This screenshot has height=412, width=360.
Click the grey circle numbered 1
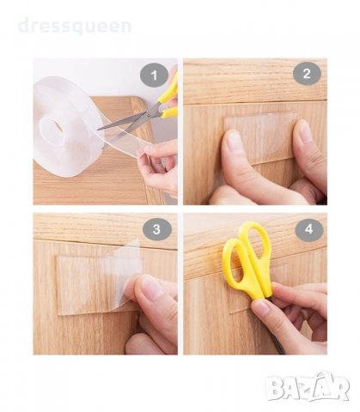pos(154,76)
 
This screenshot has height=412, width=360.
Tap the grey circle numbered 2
pos(307,74)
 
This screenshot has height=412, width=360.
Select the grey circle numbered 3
pos(157,229)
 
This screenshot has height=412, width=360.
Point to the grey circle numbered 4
pos(309,229)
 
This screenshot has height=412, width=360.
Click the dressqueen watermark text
pos(75,26)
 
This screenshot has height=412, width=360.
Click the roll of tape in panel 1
pos(66,126)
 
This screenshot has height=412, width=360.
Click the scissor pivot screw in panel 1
pos(149,114)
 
